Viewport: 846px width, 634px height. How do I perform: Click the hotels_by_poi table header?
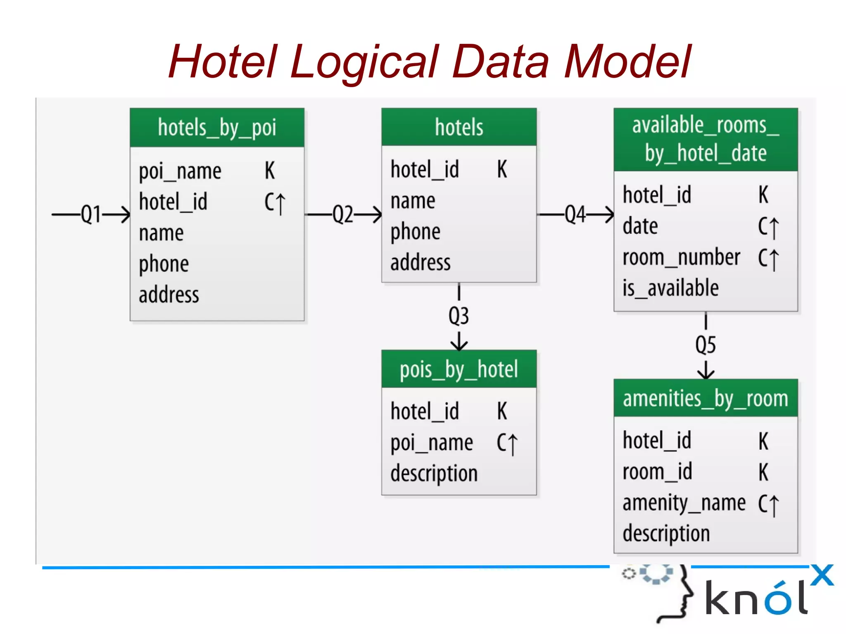point(217,128)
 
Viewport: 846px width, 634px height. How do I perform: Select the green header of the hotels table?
point(459,127)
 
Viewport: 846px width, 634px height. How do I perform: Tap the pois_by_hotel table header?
point(459,369)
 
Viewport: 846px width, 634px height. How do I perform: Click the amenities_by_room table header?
point(706,399)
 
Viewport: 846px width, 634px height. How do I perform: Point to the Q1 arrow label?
point(91,214)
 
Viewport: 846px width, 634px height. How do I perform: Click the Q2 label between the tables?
point(343,214)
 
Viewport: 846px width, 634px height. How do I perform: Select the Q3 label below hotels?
point(459,316)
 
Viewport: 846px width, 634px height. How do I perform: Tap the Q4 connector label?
point(575,214)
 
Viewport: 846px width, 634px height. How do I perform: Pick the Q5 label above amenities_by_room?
point(706,345)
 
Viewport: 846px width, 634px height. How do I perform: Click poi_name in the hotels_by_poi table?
point(180,171)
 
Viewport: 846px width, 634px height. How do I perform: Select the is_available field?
point(670,288)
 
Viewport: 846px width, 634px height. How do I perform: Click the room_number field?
point(681,257)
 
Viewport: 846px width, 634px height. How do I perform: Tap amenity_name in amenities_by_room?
point(684,503)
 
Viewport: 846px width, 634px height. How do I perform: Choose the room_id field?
point(657,472)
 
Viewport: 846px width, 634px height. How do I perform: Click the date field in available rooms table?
point(640,226)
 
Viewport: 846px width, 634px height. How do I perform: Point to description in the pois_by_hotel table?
point(434,473)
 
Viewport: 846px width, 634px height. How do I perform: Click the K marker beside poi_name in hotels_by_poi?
point(270,171)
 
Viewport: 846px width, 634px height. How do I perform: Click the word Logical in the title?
point(364,62)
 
